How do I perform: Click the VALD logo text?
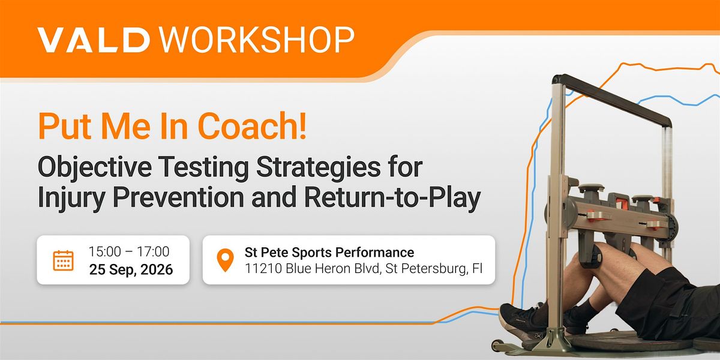click(94, 40)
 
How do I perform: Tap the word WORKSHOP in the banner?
click(257, 40)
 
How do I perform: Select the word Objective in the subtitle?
click(95, 168)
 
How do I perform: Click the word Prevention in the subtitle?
click(178, 197)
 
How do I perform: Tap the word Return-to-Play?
click(392, 198)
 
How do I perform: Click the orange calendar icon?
click(64, 260)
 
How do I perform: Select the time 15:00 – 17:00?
click(129, 251)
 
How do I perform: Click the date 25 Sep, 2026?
click(131, 269)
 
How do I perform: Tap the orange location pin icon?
click(226, 260)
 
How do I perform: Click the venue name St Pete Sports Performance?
click(329, 253)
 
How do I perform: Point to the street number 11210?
click(263, 268)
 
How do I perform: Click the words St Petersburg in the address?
click(426, 269)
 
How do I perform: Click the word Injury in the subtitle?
click(71, 198)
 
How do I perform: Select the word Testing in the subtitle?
click(204, 168)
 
